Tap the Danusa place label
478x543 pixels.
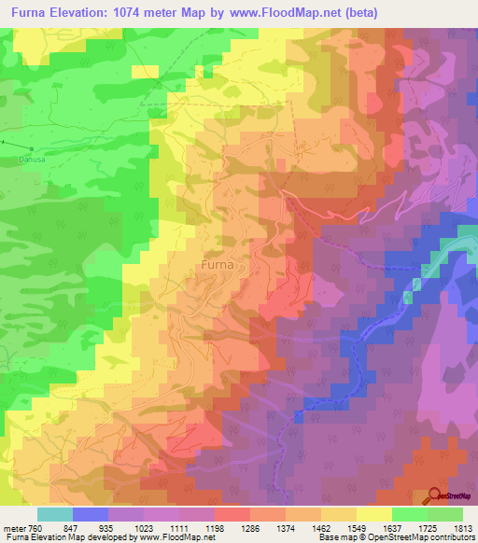pyautogui.click(x=33, y=159)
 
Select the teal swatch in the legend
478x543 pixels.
pyautogui.click(x=55, y=514)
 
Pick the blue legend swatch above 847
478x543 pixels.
pyautogui.click(x=91, y=514)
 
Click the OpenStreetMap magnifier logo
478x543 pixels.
pyautogui.click(x=435, y=494)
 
